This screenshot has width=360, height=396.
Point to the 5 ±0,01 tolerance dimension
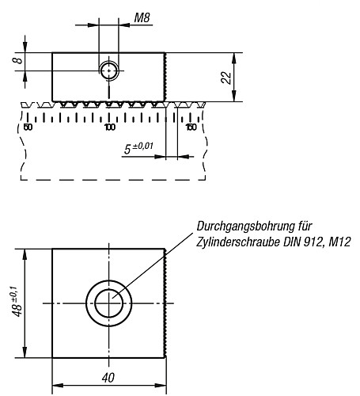coord(139,148)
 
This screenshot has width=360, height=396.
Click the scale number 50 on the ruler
coord(28,127)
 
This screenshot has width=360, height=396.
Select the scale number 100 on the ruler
coord(109,127)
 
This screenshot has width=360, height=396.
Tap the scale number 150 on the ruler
coord(190,127)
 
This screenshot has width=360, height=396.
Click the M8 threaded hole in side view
coord(109,71)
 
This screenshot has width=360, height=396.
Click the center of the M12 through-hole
coord(109,303)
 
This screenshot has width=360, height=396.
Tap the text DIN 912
coord(297,242)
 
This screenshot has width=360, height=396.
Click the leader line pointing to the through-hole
coord(158,265)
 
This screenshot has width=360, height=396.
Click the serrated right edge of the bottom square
coord(165,303)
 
